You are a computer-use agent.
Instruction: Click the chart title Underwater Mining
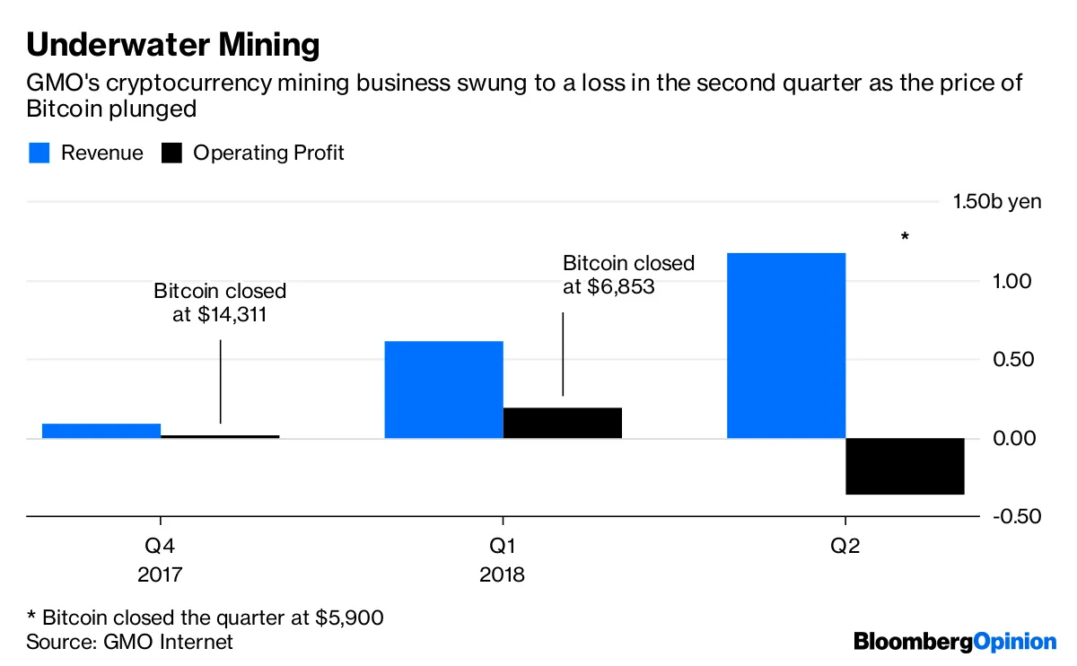coord(172,44)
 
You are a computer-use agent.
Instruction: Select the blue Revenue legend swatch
coord(39,153)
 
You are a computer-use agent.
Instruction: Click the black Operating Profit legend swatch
coord(171,153)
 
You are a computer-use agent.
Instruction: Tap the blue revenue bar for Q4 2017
coord(101,431)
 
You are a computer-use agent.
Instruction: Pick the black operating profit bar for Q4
coord(220,436)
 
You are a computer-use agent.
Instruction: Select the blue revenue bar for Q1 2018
coord(443,390)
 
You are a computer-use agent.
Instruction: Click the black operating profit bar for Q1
coord(562,423)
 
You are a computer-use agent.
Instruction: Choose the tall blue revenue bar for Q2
coord(785,346)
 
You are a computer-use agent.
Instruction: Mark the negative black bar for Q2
coord(905,466)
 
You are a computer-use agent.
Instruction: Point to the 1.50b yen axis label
coord(997,201)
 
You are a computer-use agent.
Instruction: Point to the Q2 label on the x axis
coord(845,546)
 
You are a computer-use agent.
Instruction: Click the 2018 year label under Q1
coord(502,574)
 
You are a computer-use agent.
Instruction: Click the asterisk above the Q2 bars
coord(905,238)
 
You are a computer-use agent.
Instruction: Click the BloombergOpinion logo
coord(955,642)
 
